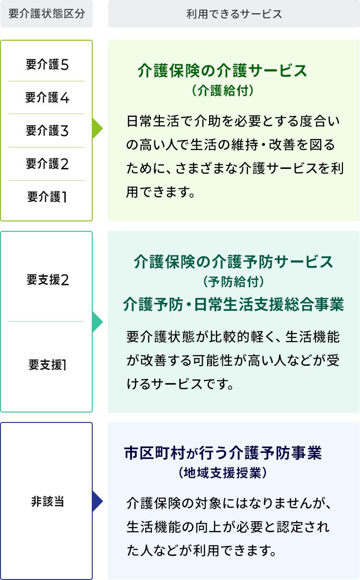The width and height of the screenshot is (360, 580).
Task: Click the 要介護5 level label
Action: click(47, 65)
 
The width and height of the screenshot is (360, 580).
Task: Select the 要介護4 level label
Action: click(47, 98)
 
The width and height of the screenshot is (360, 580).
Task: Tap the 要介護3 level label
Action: click(47, 131)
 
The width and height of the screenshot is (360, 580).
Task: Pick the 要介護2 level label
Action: click(47, 164)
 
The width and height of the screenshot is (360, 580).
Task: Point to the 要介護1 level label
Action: click(47, 197)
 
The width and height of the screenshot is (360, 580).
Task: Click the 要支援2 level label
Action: click(48, 280)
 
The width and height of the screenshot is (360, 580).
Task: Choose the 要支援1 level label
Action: click(47, 365)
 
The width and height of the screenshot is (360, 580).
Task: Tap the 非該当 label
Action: click(47, 501)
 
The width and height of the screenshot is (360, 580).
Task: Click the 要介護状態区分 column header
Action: click(47, 14)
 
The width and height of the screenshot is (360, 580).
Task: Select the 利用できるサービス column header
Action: click(234, 14)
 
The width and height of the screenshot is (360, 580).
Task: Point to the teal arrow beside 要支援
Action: click(97, 322)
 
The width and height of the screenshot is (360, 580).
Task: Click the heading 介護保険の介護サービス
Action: click(222, 71)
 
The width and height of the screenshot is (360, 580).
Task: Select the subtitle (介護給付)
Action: click(223, 90)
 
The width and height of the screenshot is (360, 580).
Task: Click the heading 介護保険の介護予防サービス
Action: click(234, 261)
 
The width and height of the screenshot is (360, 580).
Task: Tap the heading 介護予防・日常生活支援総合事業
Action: click(233, 304)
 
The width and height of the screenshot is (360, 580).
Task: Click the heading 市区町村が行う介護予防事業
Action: click(223, 453)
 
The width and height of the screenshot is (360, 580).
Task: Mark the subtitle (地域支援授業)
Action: click(223, 473)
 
